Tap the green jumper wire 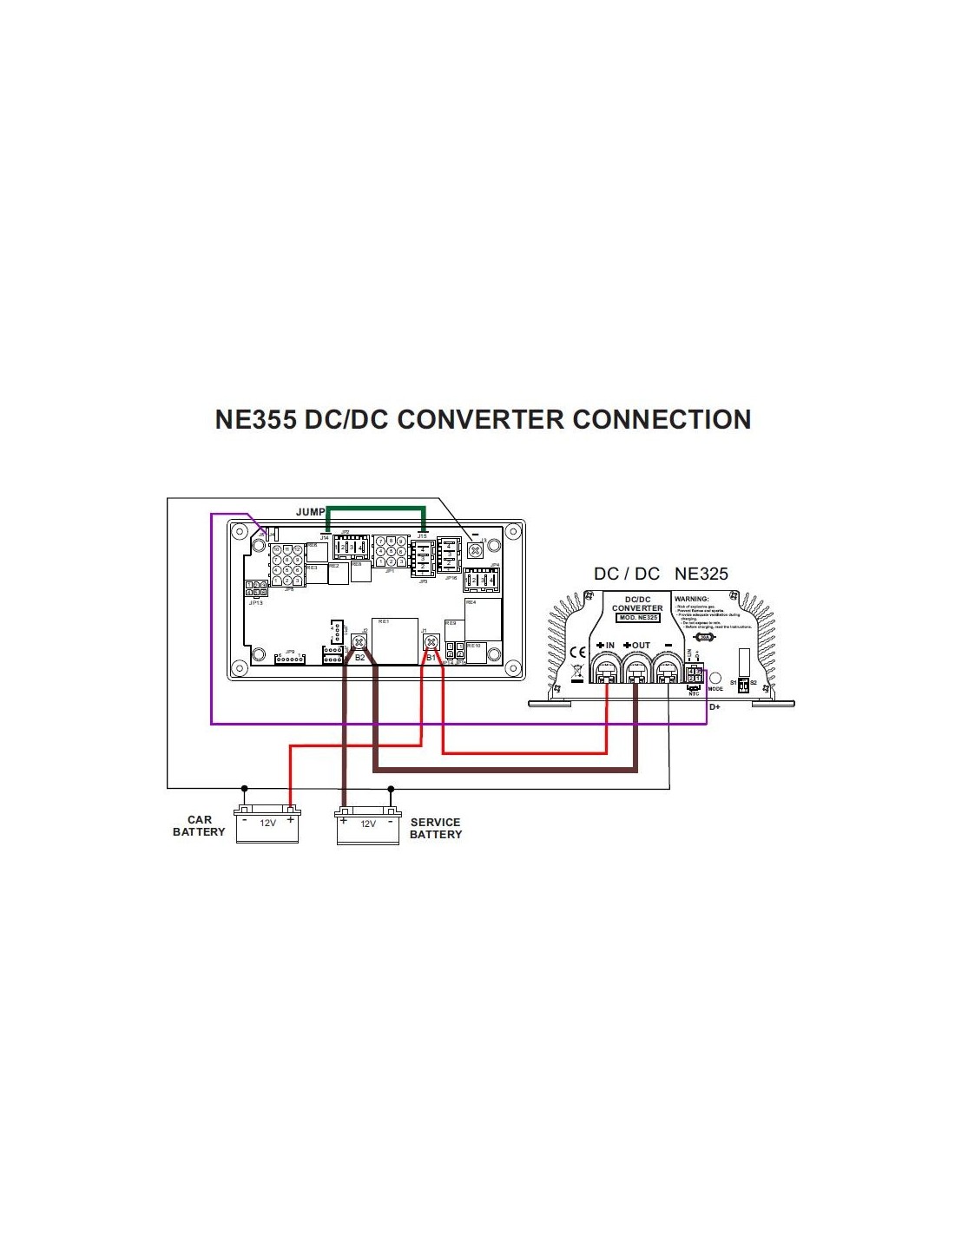[x=375, y=509]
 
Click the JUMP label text [x=310, y=512]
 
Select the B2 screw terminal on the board [x=359, y=642]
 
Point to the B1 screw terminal [x=430, y=642]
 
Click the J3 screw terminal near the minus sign [x=475, y=549]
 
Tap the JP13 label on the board [x=255, y=602]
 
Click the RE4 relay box [x=483, y=619]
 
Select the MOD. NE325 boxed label [x=638, y=617]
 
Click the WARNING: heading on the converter [x=692, y=599]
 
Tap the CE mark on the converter [x=577, y=653]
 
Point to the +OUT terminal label [x=637, y=646]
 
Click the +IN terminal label [x=606, y=646]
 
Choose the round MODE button [x=715, y=677]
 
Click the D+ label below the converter [x=715, y=707]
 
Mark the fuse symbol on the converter [x=706, y=637]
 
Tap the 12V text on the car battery [x=267, y=823]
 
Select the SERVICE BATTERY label [x=436, y=828]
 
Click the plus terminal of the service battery [x=344, y=819]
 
